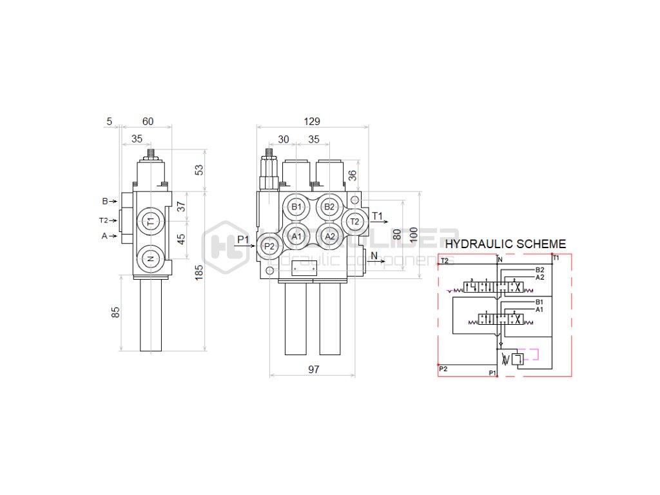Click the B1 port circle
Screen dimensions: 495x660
coord(296,207)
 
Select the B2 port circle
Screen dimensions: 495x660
coord(329,207)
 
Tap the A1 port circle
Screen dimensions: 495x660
coord(296,237)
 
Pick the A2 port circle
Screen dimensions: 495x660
coord(329,237)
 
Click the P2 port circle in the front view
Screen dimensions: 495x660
coord(269,246)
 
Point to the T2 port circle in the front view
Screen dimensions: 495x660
coord(354,222)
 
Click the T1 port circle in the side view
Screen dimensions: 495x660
coord(150,221)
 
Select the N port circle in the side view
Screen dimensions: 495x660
coord(150,258)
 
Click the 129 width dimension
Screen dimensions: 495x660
coord(312,121)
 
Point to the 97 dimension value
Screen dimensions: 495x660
coord(313,370)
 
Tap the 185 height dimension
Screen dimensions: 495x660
coord(199,273)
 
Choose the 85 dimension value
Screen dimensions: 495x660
coord(115,313)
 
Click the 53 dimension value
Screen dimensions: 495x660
coord(199,170)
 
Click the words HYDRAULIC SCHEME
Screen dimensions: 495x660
coord(505,244)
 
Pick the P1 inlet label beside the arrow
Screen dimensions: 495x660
coord(243,240)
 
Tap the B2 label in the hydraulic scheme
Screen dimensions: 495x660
coord(540,270)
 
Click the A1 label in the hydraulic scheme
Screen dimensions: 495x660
coord(540,309)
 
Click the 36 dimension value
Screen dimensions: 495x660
coord(353,175)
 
